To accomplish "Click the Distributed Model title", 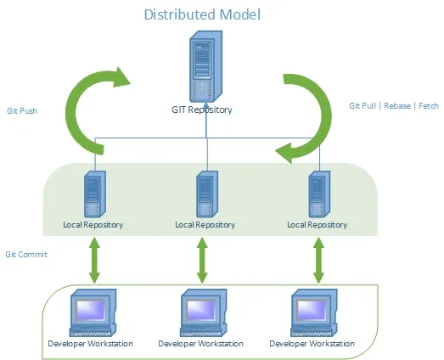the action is tap(202, 14).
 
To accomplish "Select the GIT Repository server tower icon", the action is tap(205, 66).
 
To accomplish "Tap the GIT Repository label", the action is tap(202, 110).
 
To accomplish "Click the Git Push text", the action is tap(22, 110).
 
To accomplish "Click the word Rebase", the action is tap(397, 106).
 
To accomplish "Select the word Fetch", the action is tap(429, 106).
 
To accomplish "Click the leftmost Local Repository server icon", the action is tap(95, 194).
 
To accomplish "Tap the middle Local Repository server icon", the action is tap(207, 194).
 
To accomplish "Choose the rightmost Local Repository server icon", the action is tap(319, 194).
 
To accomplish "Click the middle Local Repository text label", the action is tap(205, 225).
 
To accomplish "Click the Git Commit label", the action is tap(26, 255).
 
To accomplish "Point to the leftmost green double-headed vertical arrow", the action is tap(94, 261).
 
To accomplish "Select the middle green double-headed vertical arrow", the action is tap(202, 261).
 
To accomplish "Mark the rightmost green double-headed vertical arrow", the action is tap(318, 261).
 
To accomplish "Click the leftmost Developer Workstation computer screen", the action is tap(91, 309).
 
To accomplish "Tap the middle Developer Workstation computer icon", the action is tap(204, 312).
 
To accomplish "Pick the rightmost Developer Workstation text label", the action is tap(312, 344).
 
